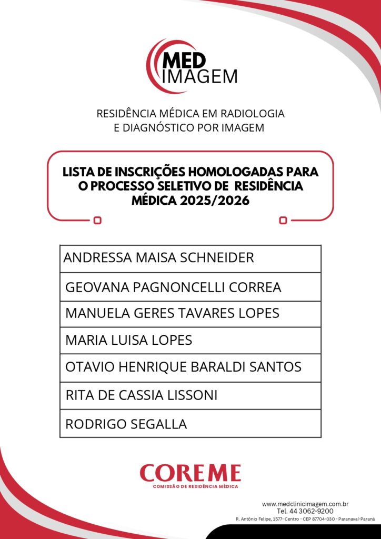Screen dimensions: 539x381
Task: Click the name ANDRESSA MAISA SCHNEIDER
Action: (158, 258)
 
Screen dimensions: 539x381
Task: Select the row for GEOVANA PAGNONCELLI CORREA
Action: (173, 287)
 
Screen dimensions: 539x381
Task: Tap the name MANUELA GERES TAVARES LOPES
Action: (172, 313)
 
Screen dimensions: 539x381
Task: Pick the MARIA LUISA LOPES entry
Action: (128, 341)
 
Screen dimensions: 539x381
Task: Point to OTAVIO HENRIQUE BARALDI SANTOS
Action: (183, 367)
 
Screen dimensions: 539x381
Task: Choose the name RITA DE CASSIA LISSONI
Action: (141, 395)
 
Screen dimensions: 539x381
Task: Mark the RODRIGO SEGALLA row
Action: (126, 424)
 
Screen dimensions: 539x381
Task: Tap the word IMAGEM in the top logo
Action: (200, 76)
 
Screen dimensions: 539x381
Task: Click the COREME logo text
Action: (190, 473)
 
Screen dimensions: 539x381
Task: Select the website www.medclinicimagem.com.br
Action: (305, 504)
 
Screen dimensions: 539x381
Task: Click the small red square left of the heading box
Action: (97, 221)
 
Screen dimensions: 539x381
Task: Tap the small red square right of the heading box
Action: (283, 221)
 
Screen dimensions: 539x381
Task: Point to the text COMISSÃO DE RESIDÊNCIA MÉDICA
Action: (195, 486)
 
